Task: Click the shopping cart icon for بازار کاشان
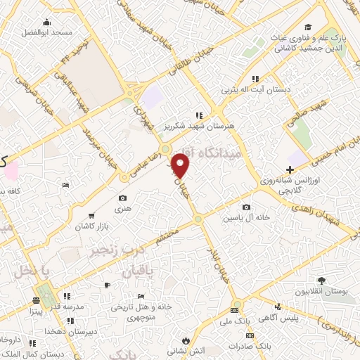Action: pyautogui.click(x=91, y=215)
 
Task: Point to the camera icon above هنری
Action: pyautogui.click(x=123, y=198)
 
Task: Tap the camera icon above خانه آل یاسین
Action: pyautogui.click(x=247, y=207)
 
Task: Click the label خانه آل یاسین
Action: pyautogui.click(x=247, y=218)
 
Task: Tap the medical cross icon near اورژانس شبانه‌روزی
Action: pyautogui.click(x=290, y=169)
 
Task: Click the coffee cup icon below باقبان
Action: pyautogui.click(x=108, y=285)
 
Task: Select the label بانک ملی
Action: pyautogui.click(x=236, y=321)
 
